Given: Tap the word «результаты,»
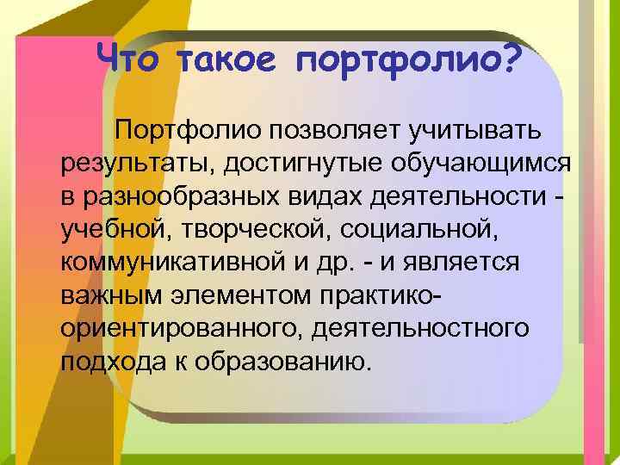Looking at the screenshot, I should click(126, 164).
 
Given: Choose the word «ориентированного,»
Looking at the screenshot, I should click(182, 328).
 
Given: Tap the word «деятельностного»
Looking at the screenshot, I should click(423, 328).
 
